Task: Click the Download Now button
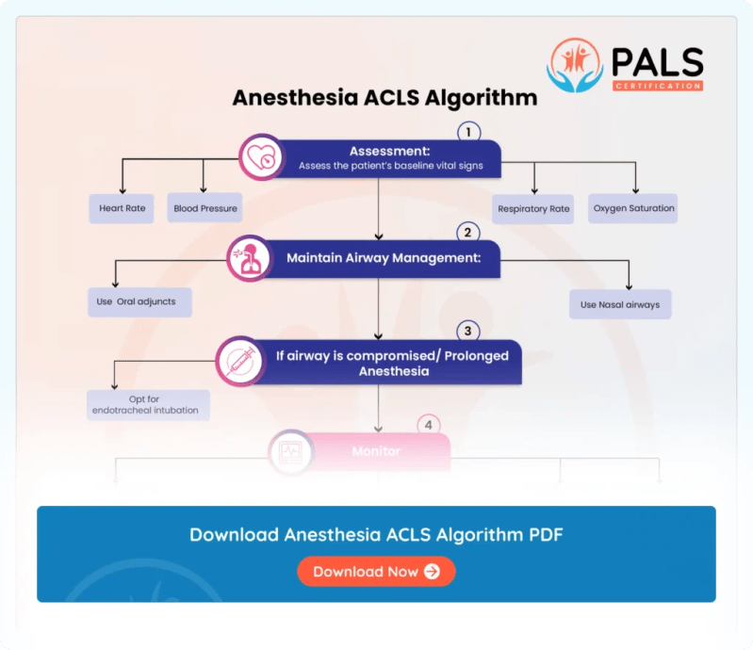coord(376,572)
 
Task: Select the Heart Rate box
coord(122,208)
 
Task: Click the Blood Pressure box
coord(205,208)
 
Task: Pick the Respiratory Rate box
coord(533,208)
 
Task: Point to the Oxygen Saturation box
coord(633,208)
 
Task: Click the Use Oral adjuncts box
coord(140,302)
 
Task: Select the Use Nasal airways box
coord(619,304)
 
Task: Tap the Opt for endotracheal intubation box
coord(148,405)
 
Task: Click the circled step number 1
coord(468,132)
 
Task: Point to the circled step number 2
coord(468,232)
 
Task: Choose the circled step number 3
coord(468,332)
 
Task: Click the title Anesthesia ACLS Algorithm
coord(385,98)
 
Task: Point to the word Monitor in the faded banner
coord(376,451)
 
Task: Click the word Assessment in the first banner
coord(390,151)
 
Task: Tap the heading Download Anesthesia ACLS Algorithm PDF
coord(376,534)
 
